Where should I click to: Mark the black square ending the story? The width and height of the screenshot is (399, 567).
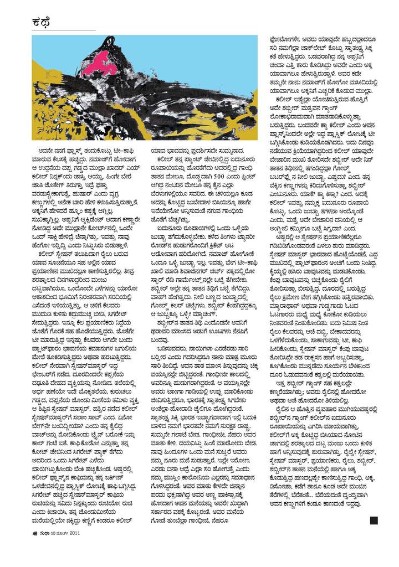coord(373,520)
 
